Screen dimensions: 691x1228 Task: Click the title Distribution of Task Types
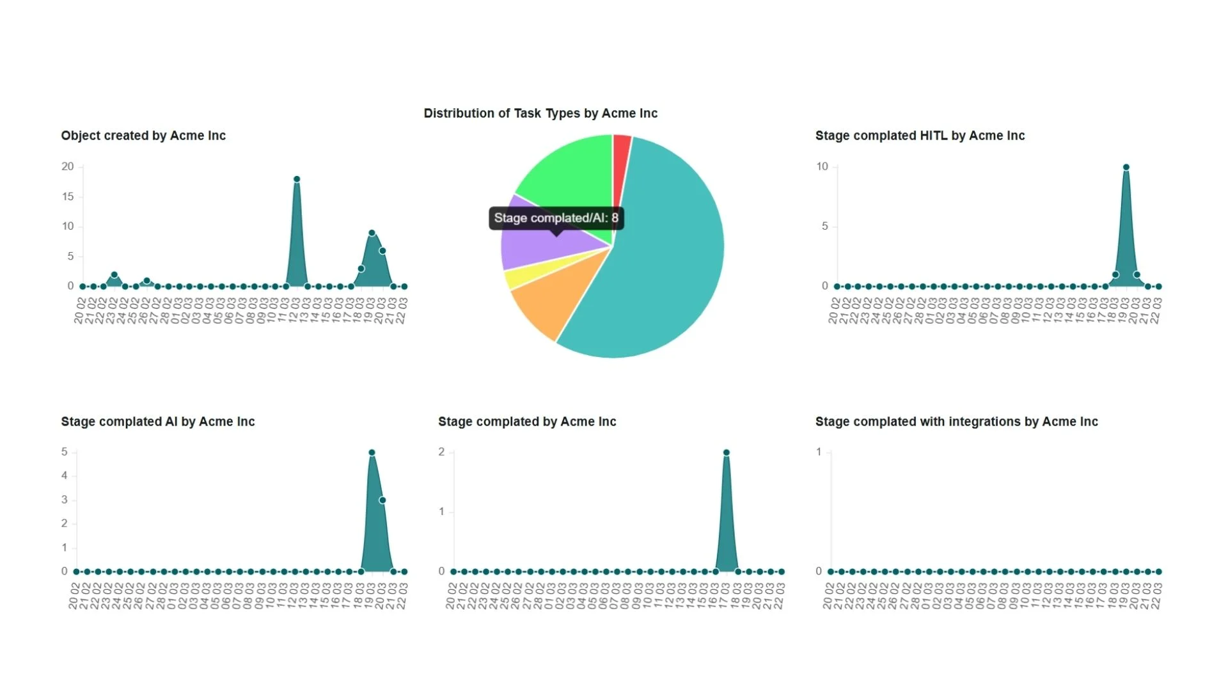coord(540,113)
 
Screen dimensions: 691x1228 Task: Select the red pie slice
coord(621,160)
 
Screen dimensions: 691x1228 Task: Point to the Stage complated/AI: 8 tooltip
coord(556,218)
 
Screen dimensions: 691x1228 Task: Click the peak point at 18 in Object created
coord(297,179)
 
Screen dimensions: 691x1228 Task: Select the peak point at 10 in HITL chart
coord(1126,167)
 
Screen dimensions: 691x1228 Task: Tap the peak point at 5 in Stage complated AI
coord(372,452)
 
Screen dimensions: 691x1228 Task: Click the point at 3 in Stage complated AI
coord(382,500)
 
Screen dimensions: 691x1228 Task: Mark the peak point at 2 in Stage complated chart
coord(727,452)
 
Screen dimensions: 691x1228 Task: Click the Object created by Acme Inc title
coord(143,136)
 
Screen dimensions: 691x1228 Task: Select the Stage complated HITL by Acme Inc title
coord(920,136)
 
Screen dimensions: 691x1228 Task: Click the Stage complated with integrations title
coord(956,422)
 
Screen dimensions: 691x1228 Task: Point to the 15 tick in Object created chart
coord(68,196)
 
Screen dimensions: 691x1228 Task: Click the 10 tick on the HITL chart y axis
coord(822,166)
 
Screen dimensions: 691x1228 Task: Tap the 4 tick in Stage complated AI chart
coord(64,475)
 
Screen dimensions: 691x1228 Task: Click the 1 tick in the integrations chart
coord(819,452)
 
